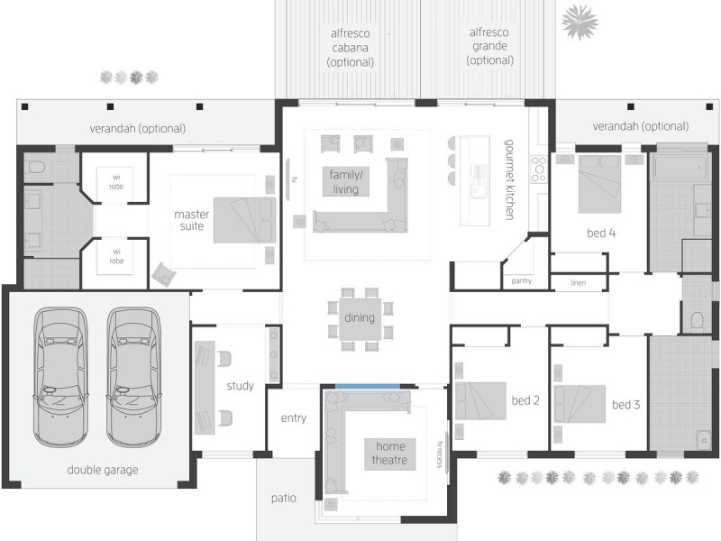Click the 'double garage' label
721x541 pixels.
point(103,470)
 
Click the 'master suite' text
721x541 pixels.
point(192,220)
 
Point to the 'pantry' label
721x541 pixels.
point(521,281)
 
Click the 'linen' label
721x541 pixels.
point(580,283)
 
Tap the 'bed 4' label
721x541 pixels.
point(601,233)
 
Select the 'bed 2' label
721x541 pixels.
point(525,400)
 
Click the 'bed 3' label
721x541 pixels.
point(625,405)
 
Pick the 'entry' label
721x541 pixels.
point(294,417)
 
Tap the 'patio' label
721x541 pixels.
point(285,498)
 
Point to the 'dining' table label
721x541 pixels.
point(360,318)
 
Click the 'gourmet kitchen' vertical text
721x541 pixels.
point(509,179)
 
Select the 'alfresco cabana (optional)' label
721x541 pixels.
point(351,47)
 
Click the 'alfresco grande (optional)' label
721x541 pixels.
point(489,46)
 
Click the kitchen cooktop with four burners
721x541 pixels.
point(539,169)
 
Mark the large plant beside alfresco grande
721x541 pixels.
point(580,20)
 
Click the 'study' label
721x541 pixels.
point(240,386)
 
